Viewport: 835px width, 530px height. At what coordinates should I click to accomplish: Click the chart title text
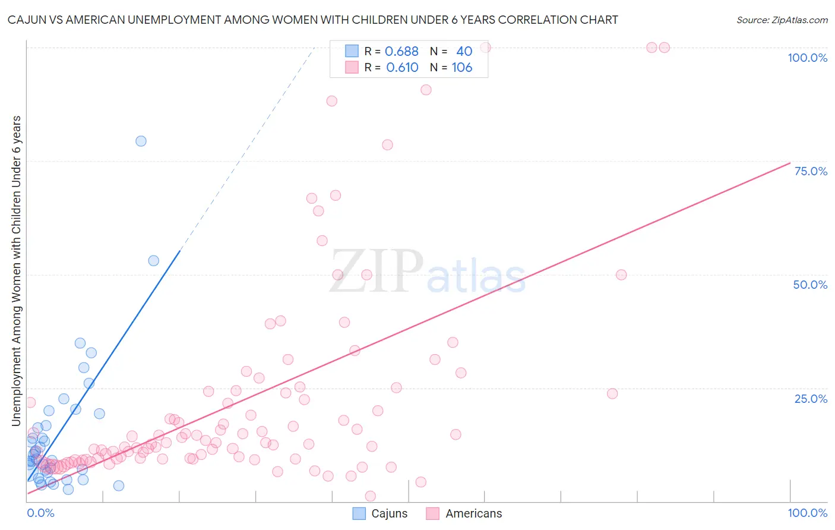(312, 20)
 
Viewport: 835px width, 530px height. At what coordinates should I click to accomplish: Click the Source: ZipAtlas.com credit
(782, 20)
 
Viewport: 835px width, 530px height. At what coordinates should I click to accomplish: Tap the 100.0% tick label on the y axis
(807, 58)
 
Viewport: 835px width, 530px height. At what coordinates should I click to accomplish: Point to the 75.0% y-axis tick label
(811, 171)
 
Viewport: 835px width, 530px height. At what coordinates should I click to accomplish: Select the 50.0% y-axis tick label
(810, 285)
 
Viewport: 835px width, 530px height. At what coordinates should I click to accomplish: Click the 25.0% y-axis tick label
(811, 399)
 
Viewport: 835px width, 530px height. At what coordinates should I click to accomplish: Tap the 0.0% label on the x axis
(40, 513)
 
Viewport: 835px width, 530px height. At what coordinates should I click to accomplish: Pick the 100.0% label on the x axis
(807, 513)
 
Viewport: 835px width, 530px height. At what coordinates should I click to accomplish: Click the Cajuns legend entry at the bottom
(380, 513)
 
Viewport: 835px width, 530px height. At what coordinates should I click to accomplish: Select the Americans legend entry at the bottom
(464, 513)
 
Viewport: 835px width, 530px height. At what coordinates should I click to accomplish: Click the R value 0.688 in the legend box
(401, 51)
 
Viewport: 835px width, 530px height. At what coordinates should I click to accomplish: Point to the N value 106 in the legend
(461, 67)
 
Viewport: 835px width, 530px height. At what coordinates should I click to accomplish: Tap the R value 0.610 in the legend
(402, 67)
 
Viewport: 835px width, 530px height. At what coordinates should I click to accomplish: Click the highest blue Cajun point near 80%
(141, 141)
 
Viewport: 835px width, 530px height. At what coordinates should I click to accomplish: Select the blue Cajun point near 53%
(153, 260)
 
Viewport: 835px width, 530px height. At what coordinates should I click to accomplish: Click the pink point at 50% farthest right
(621, 275)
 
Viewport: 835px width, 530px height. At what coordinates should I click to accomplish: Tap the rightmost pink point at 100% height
(665, 48)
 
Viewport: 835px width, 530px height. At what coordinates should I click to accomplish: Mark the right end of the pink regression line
(790, 163)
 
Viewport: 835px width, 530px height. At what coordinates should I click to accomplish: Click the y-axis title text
(17, 271)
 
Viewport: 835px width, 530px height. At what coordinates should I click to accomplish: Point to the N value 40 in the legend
(464, 51)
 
